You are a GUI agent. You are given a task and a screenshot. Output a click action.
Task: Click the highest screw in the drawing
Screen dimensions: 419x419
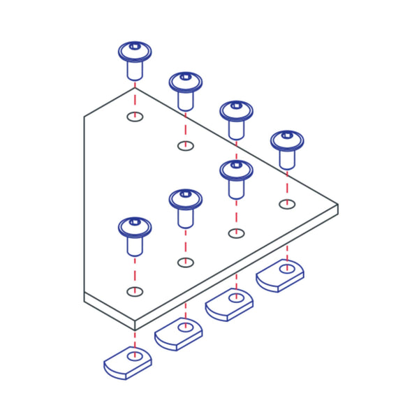pos(135,59)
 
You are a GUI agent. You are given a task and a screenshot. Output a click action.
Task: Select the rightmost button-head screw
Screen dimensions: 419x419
pos(286,147)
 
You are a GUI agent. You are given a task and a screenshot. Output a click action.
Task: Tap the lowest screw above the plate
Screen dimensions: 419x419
pos(135,235)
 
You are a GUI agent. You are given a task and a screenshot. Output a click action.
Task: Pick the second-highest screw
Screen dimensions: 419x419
pos(185,89)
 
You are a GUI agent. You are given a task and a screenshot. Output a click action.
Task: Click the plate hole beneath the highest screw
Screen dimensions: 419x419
pos(135,116)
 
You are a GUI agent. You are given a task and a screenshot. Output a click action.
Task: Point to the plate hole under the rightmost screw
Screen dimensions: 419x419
pos(286,204)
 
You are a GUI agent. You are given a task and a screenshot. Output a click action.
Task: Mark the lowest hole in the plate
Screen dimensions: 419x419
pos(135,291)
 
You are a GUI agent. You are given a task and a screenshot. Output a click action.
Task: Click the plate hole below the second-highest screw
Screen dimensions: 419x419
pos(185,145)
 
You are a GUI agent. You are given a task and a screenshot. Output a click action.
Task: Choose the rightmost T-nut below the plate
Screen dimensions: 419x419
pos(279,274)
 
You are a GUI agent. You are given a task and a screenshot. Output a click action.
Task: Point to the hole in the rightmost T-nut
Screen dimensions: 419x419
pos(286,267)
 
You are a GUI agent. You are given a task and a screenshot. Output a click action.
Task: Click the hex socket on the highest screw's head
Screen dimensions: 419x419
pos(135,47)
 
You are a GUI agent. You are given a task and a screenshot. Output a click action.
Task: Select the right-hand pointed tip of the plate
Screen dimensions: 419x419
pos(337,207)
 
